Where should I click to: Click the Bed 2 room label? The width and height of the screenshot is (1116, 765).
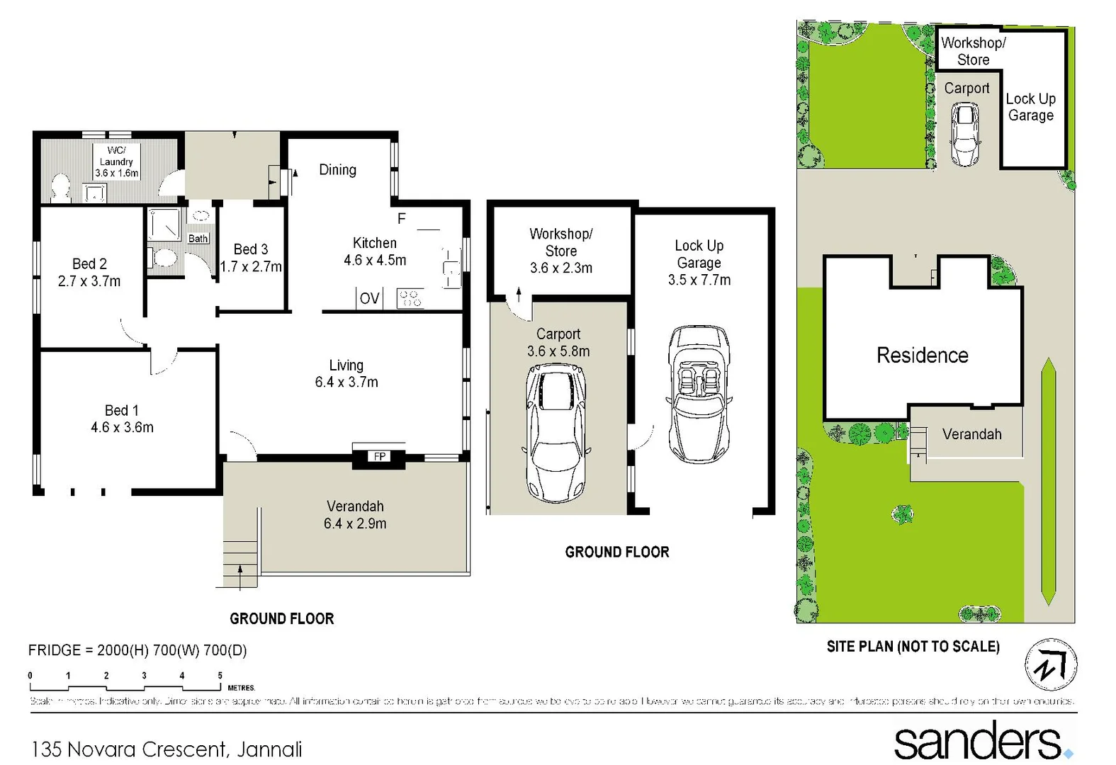89,264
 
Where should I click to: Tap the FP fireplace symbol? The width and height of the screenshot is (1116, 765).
380,456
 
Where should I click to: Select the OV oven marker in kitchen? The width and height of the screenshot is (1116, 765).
369,298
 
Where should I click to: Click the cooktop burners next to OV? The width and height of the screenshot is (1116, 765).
410,298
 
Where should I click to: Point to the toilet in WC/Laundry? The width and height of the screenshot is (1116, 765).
60,188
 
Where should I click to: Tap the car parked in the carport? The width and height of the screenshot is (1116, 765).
556,432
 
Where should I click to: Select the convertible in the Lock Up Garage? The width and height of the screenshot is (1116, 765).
699,394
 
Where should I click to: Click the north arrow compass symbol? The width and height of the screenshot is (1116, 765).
1051,664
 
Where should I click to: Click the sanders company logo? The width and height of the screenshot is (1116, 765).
981,742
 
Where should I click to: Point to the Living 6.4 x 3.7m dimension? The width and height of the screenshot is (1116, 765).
346,382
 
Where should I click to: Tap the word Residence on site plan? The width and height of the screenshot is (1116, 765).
922,355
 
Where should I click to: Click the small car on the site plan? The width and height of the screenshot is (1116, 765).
965,134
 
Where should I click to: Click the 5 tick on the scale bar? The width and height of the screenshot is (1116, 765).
220,676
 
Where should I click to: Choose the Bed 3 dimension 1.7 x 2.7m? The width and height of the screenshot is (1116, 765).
251,267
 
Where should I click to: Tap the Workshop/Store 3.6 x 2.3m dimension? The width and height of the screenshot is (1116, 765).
561,268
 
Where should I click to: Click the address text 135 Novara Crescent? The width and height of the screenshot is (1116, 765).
167,749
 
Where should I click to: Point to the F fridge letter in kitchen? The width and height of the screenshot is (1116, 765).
401,219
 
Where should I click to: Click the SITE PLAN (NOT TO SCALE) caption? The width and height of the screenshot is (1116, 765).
913,647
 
